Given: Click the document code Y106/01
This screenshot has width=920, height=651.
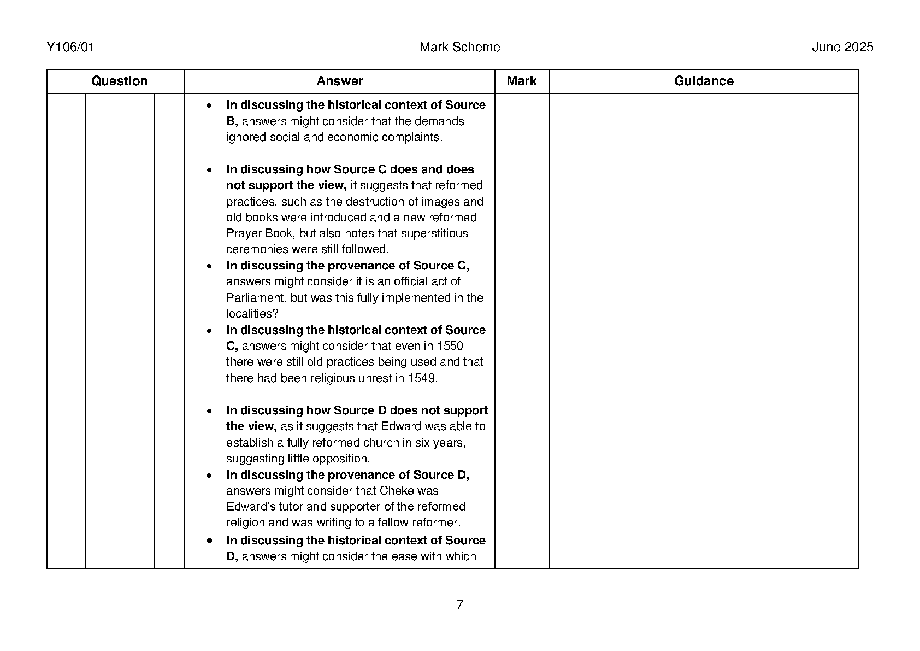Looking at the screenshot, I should pyautogui.click(x=70, y=48).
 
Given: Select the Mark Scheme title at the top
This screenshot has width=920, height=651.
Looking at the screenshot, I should pyautogui.click(x=459, y=48).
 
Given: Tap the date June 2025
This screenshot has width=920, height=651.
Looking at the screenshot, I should pyautogui.click(x=842, y=48).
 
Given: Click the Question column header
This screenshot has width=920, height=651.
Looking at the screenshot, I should pyautogui.click(x=119, y=81).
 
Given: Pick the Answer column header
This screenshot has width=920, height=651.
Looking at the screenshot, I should pyautogui.click(x=339, y=81).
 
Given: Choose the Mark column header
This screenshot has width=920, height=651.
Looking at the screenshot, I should pyautogui.click(x=521, y=81).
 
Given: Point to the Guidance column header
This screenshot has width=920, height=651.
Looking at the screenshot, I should pyautogui.click(x=703, y=81).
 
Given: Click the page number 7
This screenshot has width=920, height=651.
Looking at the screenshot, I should pyautogui.click(x=459, y=605).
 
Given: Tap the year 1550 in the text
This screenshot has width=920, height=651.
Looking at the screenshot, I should pyautogui.click(x=450, y=346).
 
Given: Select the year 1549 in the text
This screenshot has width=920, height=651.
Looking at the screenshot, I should pyautogui.click(x=422, y=378).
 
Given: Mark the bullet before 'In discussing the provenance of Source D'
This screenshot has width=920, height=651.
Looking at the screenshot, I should pyautogui.click(x=209, y=476).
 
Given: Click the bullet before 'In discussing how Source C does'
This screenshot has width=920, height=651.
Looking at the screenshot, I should pyautogui.click(x=209, y=170).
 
